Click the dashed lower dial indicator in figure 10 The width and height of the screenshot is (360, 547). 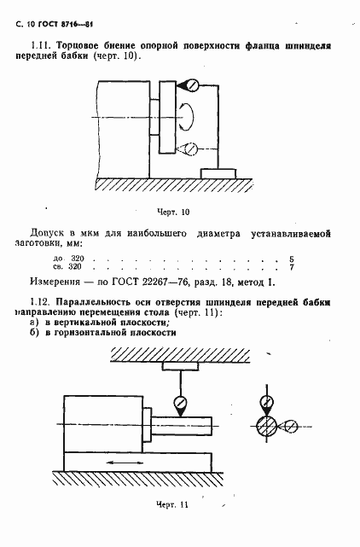[193, 148]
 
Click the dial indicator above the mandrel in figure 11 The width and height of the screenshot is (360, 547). [180, 403]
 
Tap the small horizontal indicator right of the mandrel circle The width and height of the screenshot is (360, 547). [290, 426]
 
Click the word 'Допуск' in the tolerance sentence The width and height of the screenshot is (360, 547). [47, 233]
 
